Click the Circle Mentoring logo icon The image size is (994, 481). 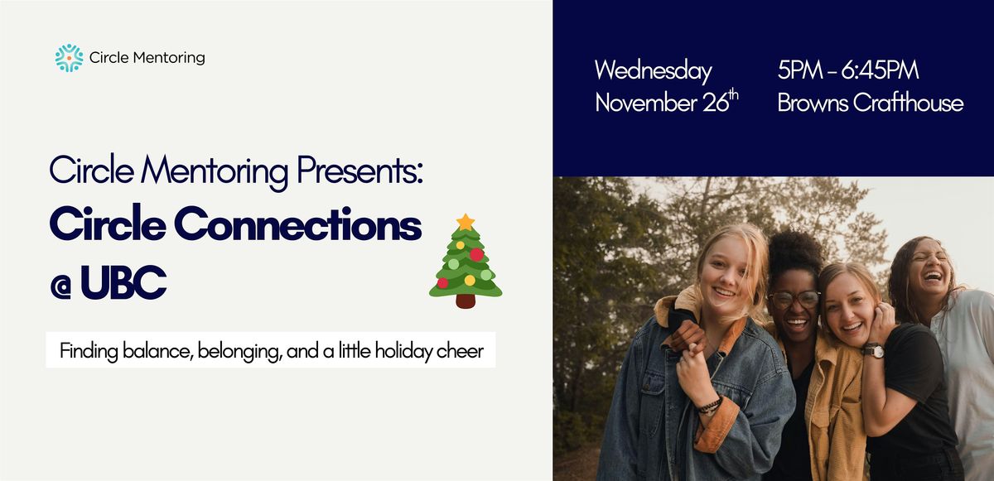click(69, 58)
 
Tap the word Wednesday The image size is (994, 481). click(653, 71)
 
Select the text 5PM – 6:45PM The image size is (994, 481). click(847, 71)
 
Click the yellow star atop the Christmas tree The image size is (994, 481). click(466, 222)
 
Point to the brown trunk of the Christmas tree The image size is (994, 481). click(466, 301)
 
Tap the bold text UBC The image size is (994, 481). click(124, 284)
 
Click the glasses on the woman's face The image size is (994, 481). click(794, 299)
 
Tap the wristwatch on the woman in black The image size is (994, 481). click(871, 351)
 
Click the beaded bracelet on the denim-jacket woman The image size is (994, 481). click(709, 405)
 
